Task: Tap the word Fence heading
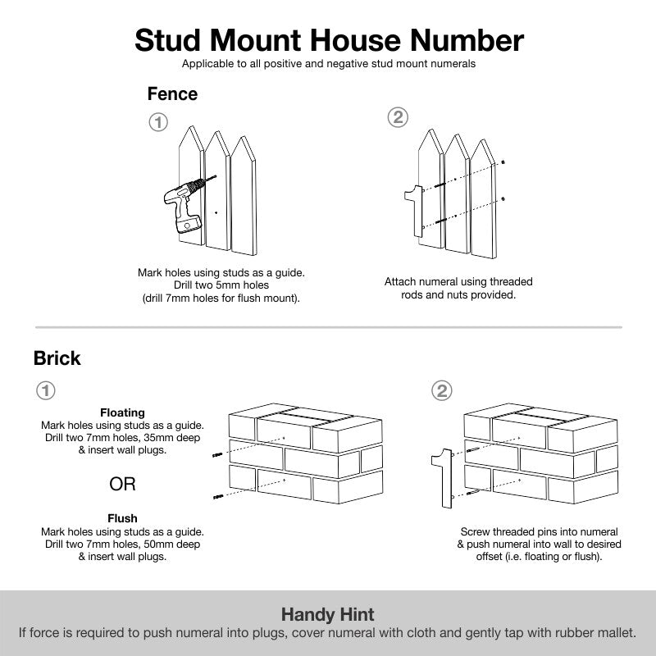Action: [172, 94]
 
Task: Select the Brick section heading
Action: [57, 358]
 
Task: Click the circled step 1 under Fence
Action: [158, 123]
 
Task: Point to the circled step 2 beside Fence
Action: [397, 117]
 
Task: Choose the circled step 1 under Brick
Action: [47, 390]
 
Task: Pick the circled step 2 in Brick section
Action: [443, 390]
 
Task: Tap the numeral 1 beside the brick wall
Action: [443, 478]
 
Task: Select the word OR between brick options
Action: [122, 485]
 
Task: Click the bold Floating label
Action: [122, 412]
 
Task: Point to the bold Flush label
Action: [122, 518]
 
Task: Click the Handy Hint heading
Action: [328, 614]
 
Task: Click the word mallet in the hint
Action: [615, 633]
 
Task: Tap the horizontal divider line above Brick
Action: [328, 327]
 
